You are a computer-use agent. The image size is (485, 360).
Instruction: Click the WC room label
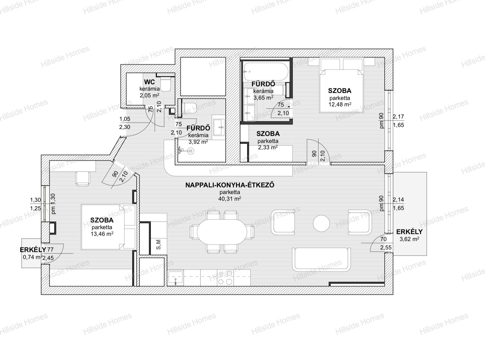(x=150, y=82)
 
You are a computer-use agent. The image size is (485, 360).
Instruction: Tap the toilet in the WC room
(x=166, y=84)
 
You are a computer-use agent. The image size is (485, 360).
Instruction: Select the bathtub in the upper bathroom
(x=266, y=71)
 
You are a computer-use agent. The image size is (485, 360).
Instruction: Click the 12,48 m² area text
(x=340, y=105)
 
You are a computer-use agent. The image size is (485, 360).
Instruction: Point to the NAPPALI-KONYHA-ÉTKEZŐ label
(x=230, y=185)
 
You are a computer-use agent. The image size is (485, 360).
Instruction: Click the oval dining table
(x=222, y=232)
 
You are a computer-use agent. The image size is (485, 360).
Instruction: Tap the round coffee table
(x=321, y=223)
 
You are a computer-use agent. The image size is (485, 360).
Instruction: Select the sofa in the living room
(x=321, y=260)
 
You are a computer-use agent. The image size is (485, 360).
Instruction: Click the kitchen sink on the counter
(x=175, y=278)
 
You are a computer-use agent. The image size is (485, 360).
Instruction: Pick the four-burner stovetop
(x=225, y=278)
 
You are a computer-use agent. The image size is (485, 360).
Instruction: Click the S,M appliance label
(x=159, y=244)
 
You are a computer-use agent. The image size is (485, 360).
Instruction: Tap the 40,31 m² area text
(x=230, y=199)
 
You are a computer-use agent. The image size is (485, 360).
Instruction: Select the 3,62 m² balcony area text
(x=409, y=239)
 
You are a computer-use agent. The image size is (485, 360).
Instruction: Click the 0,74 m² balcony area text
(x=33, y=257)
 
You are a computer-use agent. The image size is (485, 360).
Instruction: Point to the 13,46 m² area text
(x=102, y=234)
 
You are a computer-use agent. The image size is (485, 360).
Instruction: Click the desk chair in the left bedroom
(x=82, y=179)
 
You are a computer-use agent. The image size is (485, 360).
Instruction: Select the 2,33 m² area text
(x=268, y=147)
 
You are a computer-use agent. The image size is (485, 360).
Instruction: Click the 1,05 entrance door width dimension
(x=125, y=119)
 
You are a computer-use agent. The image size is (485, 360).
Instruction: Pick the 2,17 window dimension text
(x=398, y=117)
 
